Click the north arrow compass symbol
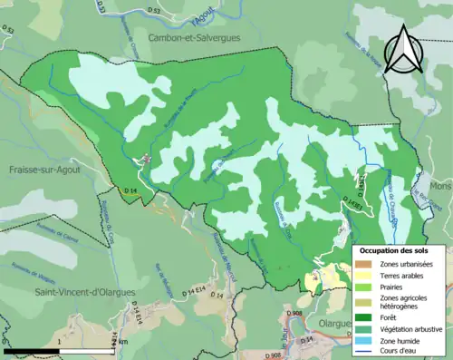pos(405,49)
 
